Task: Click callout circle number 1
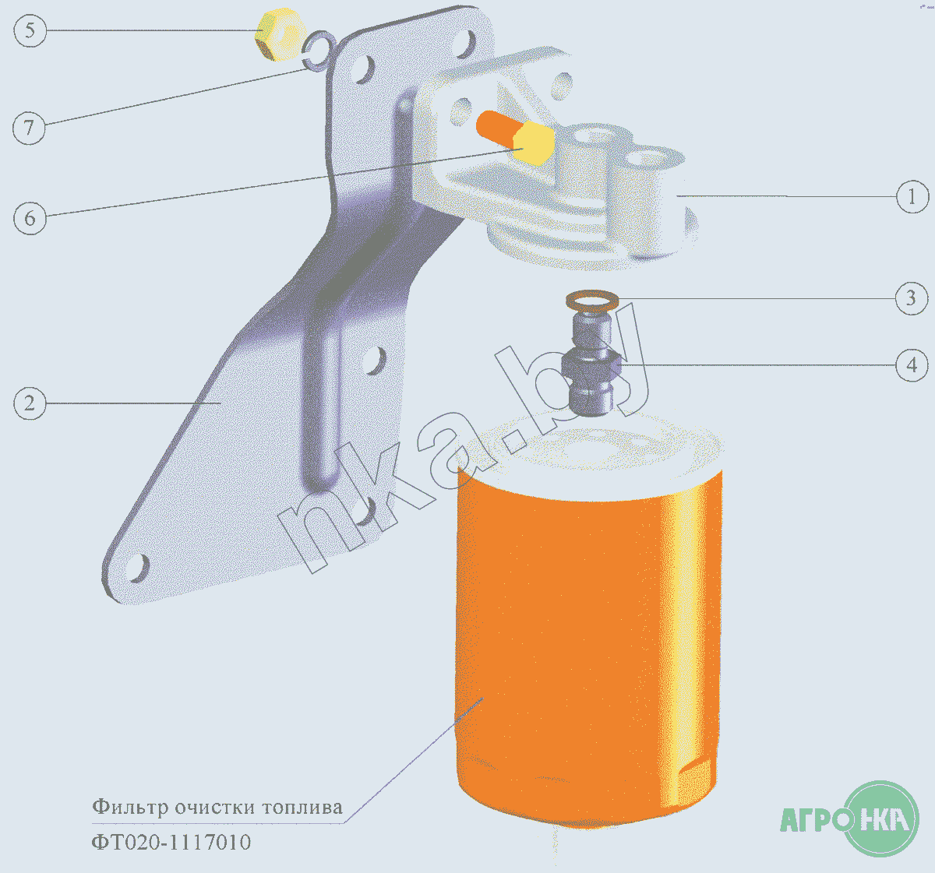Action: point(912,196)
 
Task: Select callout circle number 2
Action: point(30,403)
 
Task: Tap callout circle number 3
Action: point(912,298)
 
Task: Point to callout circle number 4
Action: point(912,365)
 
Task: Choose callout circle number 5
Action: point(30,30)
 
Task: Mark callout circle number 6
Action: point(30,218)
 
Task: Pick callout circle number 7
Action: point(29,128)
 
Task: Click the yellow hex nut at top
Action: point(279,34)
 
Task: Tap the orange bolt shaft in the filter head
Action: point(496,128)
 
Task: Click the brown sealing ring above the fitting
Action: point(592,301)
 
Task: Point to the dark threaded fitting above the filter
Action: point(591,364)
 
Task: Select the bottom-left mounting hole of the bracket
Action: point(139,568)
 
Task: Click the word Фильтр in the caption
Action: point(130,807)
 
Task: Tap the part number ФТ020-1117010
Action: point(171,842)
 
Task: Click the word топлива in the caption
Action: point(302,808)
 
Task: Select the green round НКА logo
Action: point(880,818)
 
